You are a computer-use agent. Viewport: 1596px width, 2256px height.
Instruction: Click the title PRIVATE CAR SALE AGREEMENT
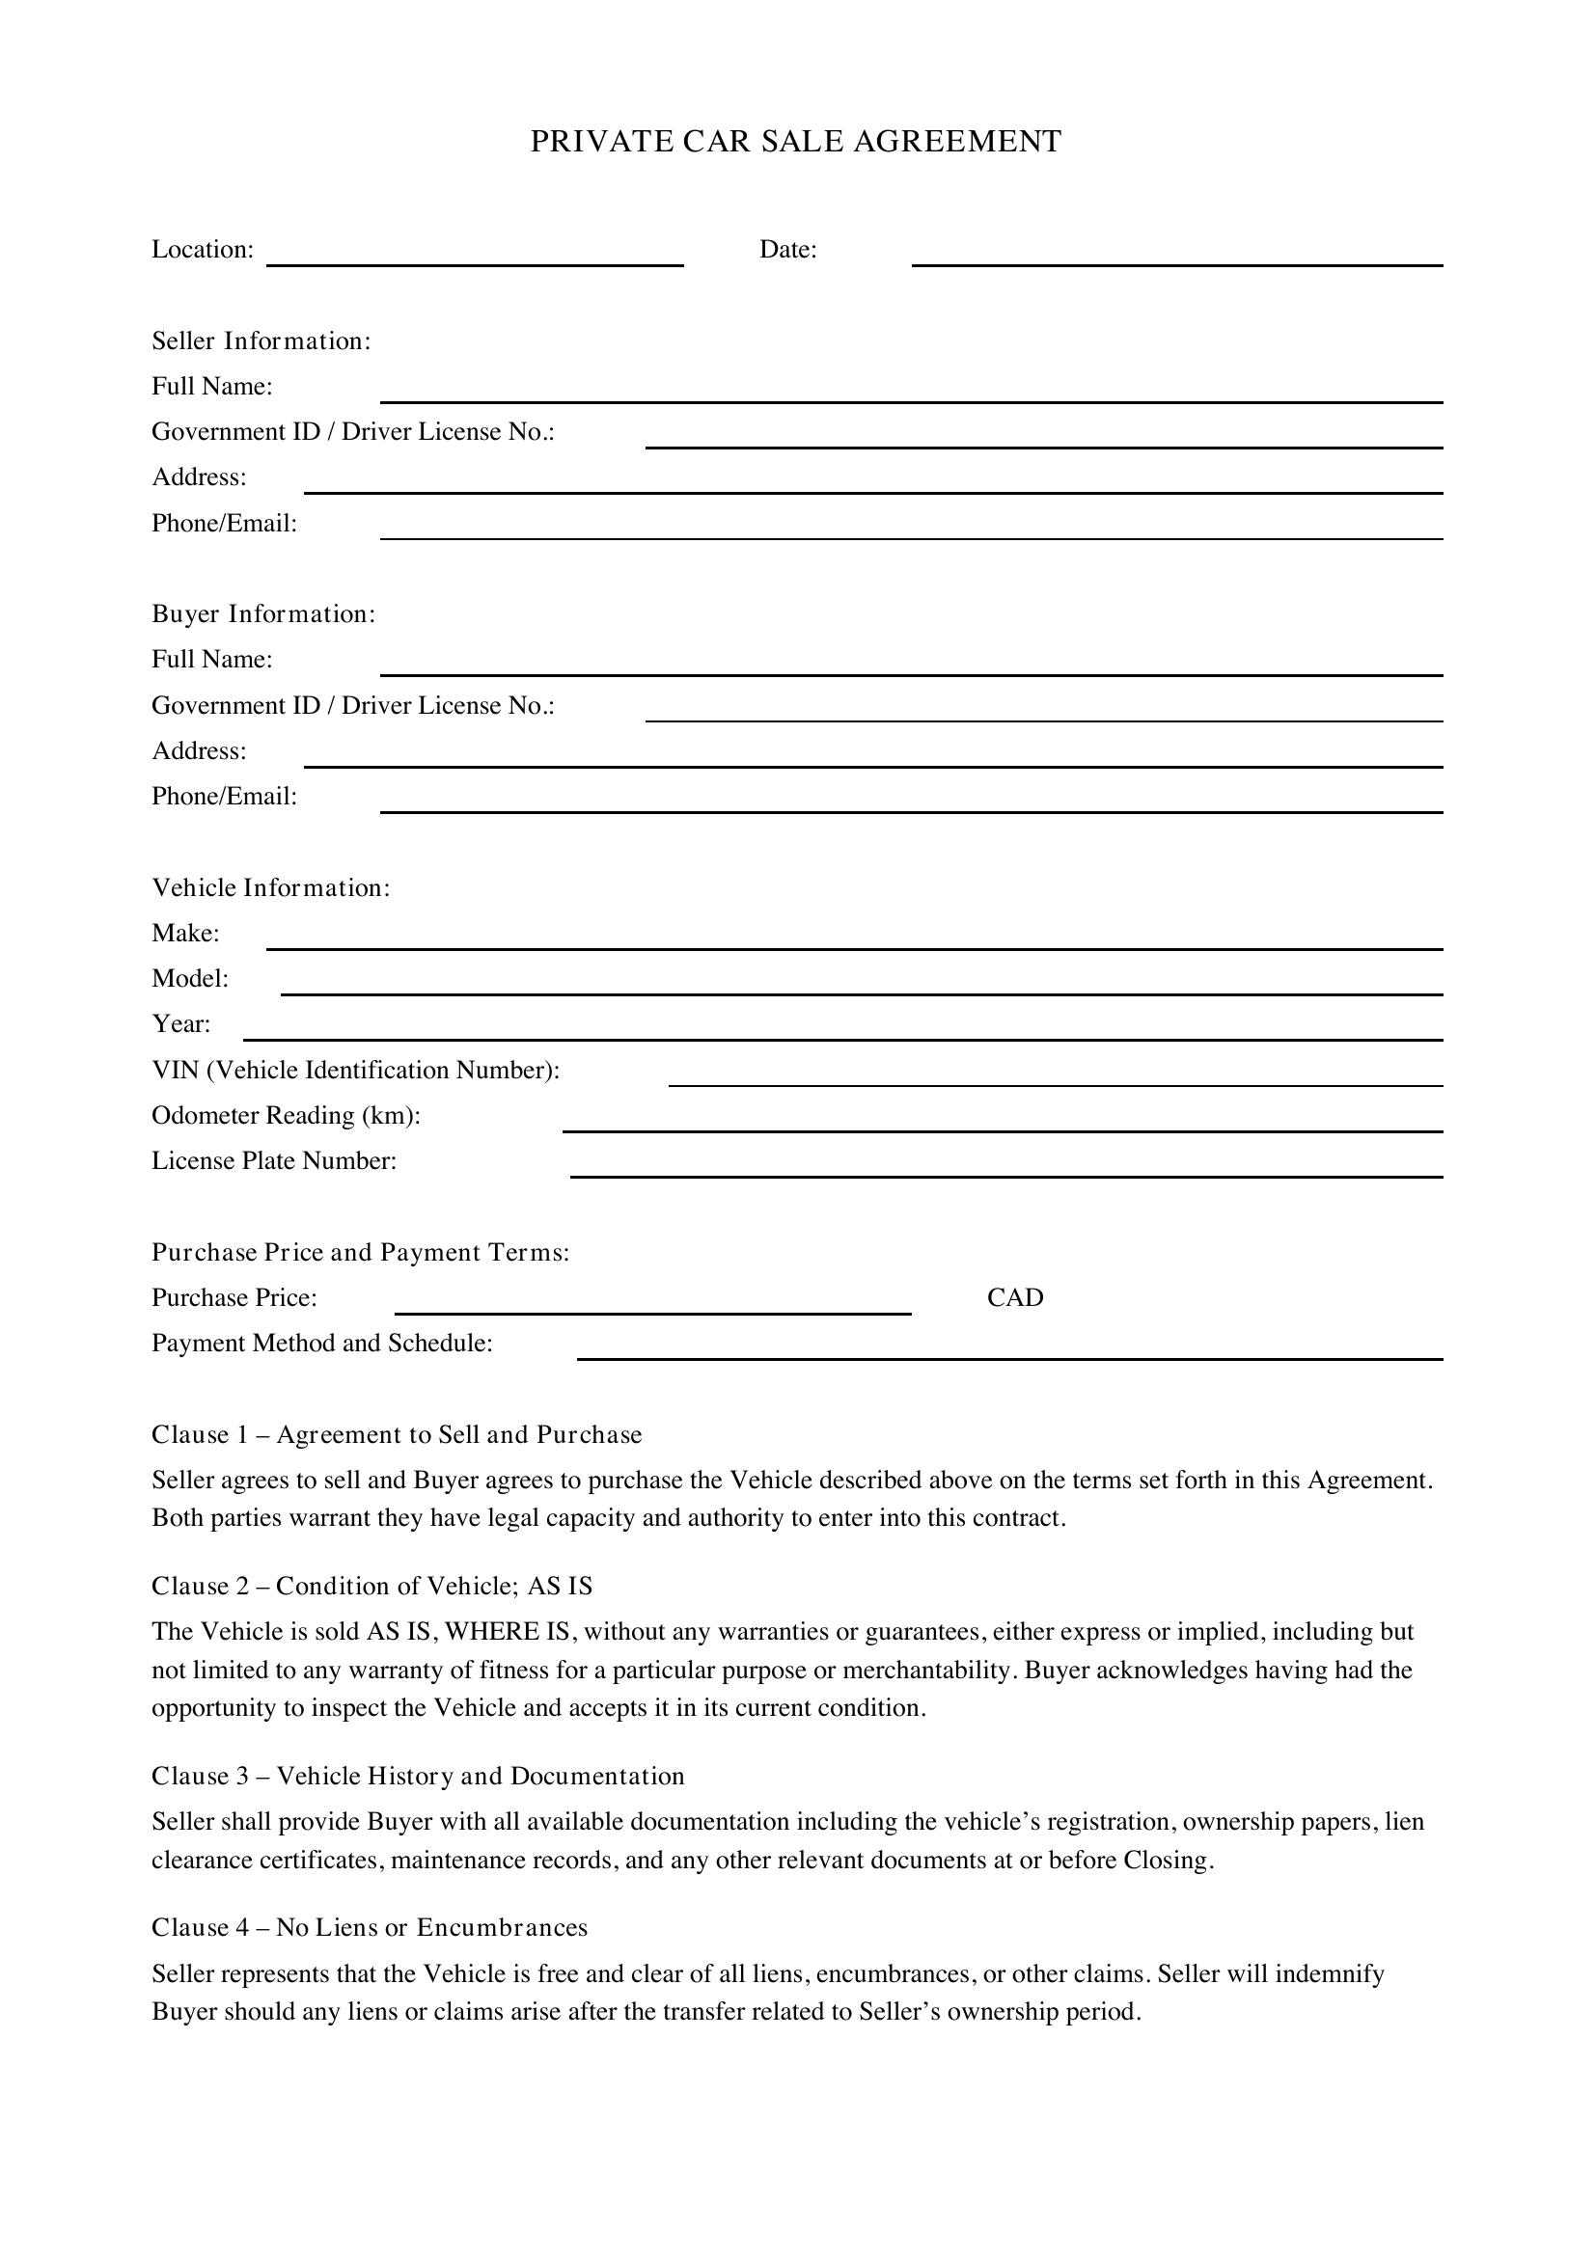pyautogui.click(x=796, y=142)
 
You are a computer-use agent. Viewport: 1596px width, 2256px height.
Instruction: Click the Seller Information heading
pyautogui.click(x=261, y=340)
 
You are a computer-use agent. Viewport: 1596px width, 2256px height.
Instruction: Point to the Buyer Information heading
pyautogui.click(x=263, y=614)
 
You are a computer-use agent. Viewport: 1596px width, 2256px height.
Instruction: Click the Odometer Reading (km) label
pyautogui.click(x=286, y=1115)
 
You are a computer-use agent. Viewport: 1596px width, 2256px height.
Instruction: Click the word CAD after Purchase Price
pyautogui.click(x=1015, y=1298)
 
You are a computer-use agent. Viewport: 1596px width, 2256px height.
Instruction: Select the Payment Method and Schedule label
pyautogui.click(x=322, y=1344)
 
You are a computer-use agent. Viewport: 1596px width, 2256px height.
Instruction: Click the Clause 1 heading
pyautogui.click(x=396, y=1434)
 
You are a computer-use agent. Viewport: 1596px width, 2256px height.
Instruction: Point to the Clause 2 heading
pyautogui.click(x=371, y=1586)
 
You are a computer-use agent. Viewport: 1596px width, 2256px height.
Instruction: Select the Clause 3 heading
pyautogui.click(x=418, y=1776)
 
